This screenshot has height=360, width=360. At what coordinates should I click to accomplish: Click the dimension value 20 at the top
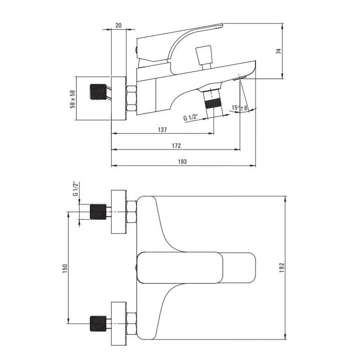tap(118, 25)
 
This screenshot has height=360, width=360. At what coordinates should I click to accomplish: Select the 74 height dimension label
tap(279, 51)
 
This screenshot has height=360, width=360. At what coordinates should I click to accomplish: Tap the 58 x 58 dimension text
tap(72, 99)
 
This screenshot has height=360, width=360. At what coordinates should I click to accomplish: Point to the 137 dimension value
tap(162, 130)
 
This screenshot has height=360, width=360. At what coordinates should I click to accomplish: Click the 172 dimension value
tap(176, 145)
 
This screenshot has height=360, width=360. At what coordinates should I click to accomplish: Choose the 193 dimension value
tap(182, 162)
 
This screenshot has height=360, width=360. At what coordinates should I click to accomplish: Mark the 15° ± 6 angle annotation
tap(240, 108)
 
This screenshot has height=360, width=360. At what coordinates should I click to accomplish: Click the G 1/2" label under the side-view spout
tap(190, 117)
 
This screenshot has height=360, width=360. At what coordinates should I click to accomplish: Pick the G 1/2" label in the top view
tap(75, 189)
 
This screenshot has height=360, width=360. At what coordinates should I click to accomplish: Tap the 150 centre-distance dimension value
tap(65, 269)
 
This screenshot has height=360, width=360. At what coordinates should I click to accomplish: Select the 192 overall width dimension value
tap(282, 268)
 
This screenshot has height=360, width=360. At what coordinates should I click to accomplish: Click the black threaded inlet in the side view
tap(98, 92)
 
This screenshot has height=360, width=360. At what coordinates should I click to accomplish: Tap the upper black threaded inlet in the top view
tap(98, 211)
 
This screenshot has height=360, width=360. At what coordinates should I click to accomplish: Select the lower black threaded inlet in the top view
tap(98, 324)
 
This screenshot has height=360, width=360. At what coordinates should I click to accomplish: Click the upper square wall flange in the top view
tap(119, 212)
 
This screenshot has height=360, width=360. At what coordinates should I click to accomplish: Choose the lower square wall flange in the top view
tap(119, 324)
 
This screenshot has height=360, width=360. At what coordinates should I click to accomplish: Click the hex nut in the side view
tap(131, 99)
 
